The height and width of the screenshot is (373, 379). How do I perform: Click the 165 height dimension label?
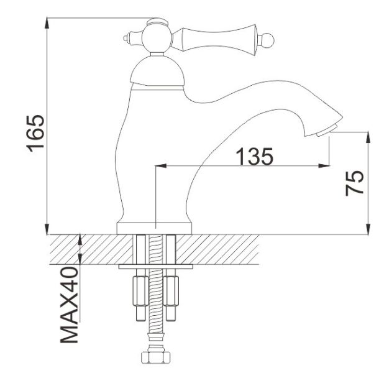point(35,133)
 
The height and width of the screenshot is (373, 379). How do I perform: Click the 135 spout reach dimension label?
point(255,156)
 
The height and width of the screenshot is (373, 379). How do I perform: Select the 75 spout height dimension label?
point(354,183)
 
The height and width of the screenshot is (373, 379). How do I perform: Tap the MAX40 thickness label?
point(70,305)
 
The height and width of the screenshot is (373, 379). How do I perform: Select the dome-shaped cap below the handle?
point(158,72)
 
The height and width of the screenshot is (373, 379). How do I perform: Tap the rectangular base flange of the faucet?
point(154,228)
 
